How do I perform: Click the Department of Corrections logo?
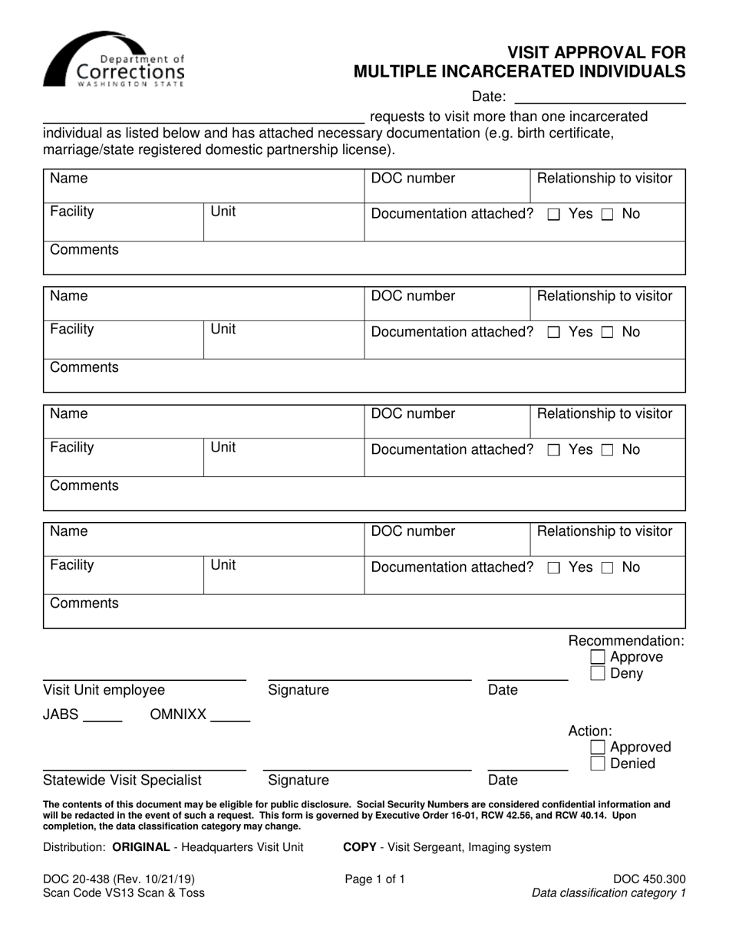(114, 60)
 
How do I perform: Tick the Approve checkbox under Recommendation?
(598, 657)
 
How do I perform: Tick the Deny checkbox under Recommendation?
(598, 674)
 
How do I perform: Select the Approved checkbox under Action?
(598, 747)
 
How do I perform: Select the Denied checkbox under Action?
(598, 764)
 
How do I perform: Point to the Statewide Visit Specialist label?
(122, 780)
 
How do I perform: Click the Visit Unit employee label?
(104, 690)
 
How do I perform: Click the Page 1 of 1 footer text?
(374, 879)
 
